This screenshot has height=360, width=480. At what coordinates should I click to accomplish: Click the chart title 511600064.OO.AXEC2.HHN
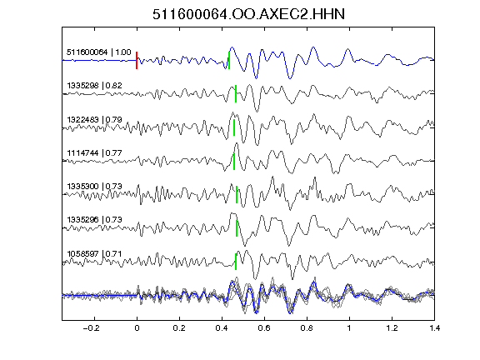(248, 14)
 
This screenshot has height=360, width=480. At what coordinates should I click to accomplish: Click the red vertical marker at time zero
(137, 60)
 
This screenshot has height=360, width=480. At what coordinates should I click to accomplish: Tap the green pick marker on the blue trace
(229, 60)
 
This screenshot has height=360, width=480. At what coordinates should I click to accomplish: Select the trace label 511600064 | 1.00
(99, 52)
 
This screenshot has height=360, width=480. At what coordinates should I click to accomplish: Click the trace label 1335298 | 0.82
(94, 85)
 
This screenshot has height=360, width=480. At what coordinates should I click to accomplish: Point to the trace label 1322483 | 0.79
(94, 119)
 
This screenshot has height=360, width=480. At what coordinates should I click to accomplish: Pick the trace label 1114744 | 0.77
(94, 152)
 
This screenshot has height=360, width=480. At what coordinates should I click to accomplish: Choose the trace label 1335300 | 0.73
(94, 186)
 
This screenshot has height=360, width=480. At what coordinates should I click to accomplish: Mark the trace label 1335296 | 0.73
(94, 219)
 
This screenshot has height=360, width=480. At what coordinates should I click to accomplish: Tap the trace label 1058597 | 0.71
(94, 254)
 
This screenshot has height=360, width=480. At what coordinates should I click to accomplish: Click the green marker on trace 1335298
(236, 93)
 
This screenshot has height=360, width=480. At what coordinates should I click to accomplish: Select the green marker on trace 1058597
(236, 262)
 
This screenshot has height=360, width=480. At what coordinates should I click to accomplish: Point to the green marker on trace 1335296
(237, 228)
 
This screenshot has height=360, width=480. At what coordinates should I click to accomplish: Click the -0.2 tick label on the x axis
(91, 328)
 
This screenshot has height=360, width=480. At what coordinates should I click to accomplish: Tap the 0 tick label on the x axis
(137, 328)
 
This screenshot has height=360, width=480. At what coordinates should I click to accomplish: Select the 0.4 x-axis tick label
(222, 328)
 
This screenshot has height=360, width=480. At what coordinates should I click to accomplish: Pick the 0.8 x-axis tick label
(307, 328)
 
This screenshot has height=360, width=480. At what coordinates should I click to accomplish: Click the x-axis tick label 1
(349, 328)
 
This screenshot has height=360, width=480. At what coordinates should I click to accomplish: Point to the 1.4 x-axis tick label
(434, 328)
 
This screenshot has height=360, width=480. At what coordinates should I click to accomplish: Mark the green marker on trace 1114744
(234, 161)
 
